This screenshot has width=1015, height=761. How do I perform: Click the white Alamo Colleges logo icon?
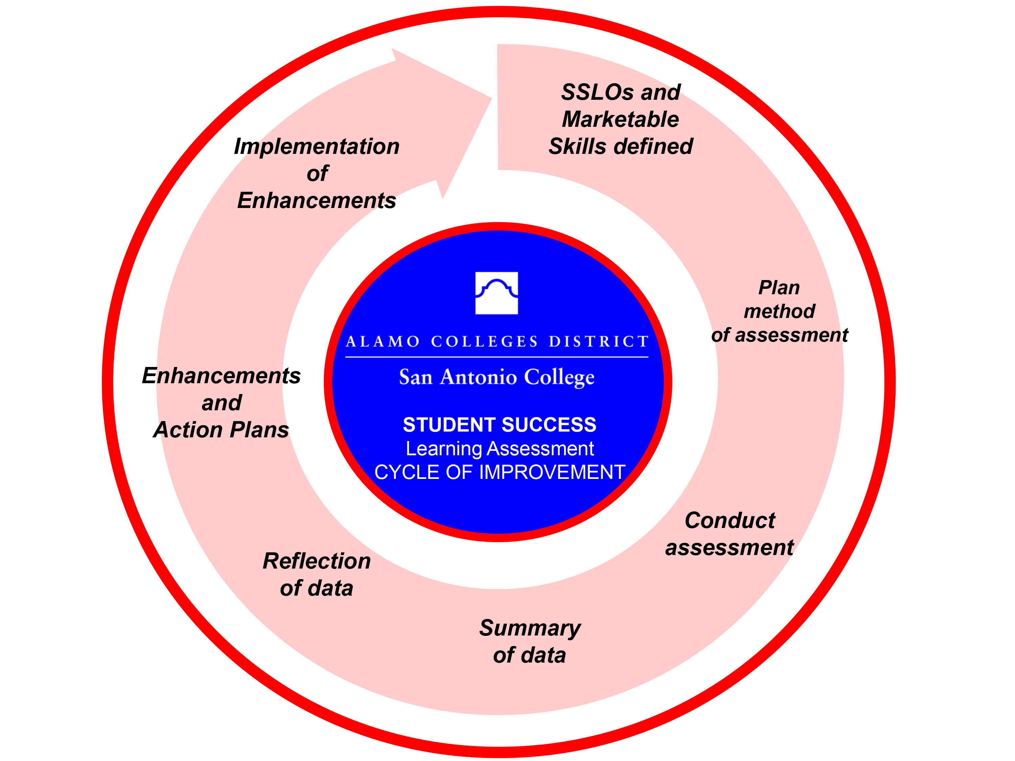point(496,293)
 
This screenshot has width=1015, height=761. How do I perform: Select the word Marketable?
point(621,119)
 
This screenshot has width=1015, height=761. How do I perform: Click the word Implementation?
point(317,146)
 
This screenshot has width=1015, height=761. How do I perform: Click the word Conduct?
point(729,521)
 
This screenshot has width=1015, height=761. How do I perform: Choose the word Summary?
point(530,628)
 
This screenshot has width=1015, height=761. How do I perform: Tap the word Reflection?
point(317,561)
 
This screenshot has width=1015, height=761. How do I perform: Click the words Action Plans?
point(221,430)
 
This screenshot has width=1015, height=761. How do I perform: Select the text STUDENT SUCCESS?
point(499,425)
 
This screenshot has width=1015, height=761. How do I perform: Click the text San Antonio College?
point(496,377)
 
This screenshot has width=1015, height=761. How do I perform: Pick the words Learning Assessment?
point(499,448)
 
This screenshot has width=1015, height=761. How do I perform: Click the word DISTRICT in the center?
point(599,341)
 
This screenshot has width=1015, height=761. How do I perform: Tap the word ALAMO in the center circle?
point(383,341)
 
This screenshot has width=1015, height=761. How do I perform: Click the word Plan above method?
point(779,287)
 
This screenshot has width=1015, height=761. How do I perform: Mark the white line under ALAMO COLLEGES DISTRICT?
point(496,357)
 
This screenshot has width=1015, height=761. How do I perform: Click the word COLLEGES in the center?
point(484,341)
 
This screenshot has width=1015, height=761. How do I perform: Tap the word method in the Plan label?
point(779,312)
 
